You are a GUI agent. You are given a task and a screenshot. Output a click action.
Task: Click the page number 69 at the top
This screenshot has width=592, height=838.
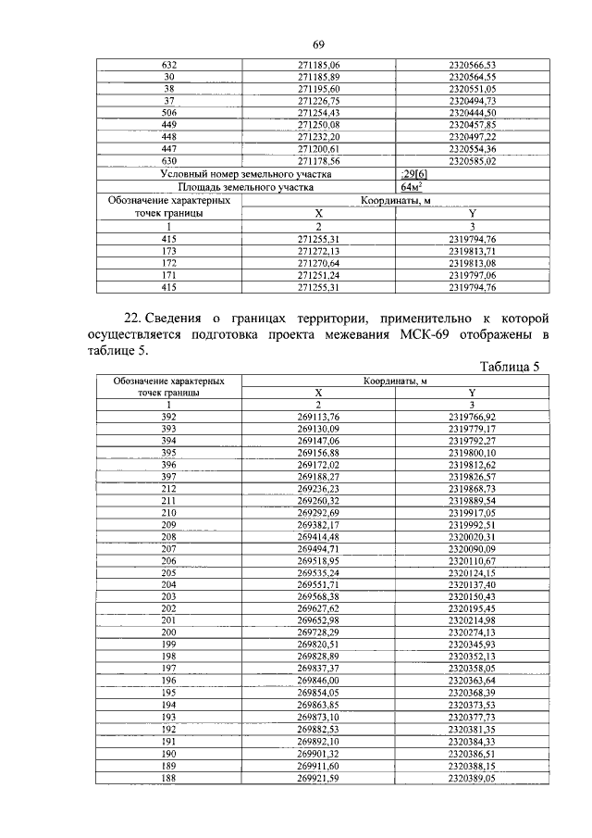pos(318,45)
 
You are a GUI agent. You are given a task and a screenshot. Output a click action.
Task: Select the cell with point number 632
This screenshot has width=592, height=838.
pos(169,65)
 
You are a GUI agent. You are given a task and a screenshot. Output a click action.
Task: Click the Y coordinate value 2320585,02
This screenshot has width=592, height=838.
pos(473,160)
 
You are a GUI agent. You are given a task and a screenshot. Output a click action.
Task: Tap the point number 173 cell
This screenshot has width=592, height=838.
pos(169,250)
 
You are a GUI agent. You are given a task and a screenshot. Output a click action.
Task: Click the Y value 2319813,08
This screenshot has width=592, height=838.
pos(473,262)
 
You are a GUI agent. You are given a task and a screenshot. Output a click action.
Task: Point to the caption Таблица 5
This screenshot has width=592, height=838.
pos(509,367)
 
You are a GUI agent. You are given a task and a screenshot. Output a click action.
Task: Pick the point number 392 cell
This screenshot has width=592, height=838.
pos(169,417)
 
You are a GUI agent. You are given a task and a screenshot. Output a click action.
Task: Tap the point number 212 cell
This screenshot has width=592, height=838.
pos(169,489)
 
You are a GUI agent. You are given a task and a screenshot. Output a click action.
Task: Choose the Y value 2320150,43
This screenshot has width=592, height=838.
pos(473,597)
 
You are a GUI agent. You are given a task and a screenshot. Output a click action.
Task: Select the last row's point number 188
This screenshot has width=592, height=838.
pos(169,779)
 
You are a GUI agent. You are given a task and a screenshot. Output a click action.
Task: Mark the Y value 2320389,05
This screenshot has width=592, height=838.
pos(473,779)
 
